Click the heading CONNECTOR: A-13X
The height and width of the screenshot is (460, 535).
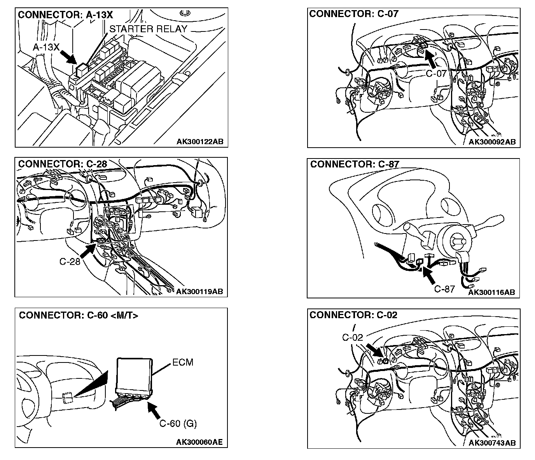(65, 15)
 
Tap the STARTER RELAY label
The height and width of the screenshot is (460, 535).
(148, 29)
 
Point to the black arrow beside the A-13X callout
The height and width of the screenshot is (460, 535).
(70, 57)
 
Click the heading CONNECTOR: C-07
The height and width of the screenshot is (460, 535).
(354, 14)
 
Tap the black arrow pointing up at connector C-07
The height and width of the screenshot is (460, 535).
(430, 59)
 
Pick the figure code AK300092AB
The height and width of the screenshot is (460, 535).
(492, 142)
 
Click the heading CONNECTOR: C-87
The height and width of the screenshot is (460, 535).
(355, 164)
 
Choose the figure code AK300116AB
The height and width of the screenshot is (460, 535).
(492, 292)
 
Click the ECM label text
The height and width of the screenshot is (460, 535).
(182, 362)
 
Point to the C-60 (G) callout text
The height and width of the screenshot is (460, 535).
(178, 423)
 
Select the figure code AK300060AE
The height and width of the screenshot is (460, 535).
(199, 442)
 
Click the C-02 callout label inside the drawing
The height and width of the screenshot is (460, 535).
(352, 337)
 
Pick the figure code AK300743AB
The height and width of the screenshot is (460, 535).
(492, 443)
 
